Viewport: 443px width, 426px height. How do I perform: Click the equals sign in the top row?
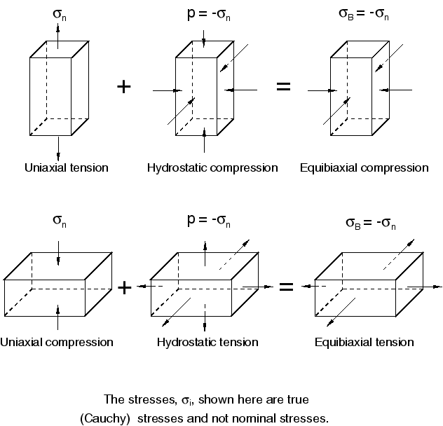pos(283,88)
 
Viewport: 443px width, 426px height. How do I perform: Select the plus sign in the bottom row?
pos(124,287)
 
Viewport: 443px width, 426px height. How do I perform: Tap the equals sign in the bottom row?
pos(286,287)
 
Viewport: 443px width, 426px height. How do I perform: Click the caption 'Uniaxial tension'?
pos(67,168)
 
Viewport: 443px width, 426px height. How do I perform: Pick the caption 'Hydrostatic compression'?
pos(212,168)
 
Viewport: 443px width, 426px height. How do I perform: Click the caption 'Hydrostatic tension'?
pos(207,343)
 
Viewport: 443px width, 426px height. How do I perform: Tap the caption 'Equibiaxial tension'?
pos(364,343)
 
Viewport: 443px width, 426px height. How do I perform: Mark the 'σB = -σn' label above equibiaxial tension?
pos(371,224)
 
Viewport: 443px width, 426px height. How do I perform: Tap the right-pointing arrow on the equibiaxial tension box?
pos(424,287)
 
